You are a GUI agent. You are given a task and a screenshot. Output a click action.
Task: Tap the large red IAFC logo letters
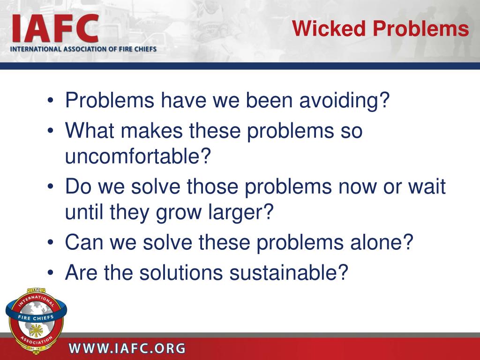pyautogui.click(x=55, y=28)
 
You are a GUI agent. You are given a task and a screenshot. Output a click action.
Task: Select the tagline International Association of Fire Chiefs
pyautogui.click(x=83, y=49)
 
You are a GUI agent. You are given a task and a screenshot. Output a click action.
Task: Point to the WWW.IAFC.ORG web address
pyautogui.click(x=127, y=348)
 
